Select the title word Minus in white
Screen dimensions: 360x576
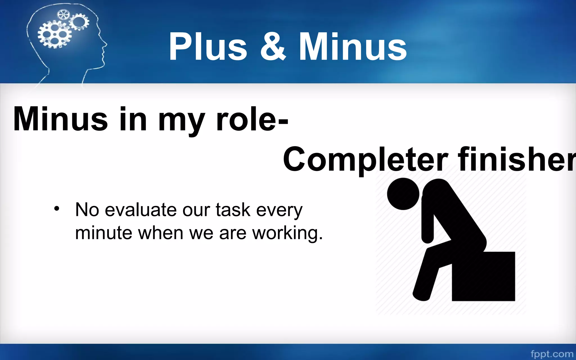(353, 46)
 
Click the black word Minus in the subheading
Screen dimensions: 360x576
(60, 119)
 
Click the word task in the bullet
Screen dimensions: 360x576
(233, 210)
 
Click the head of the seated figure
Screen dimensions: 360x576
(403, 194)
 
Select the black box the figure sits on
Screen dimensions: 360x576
(484, 277)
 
